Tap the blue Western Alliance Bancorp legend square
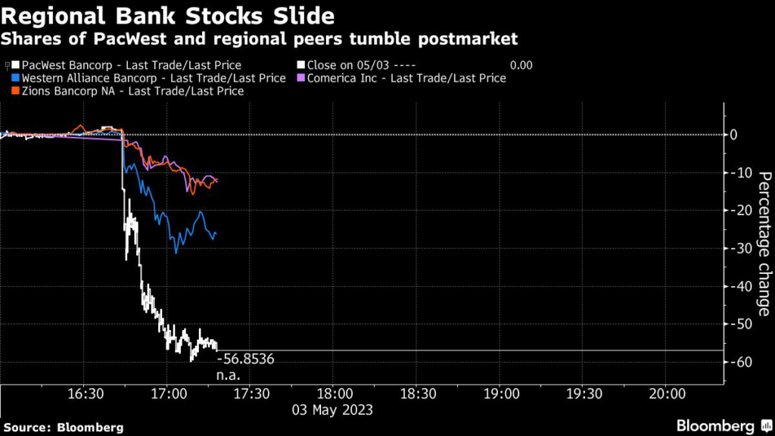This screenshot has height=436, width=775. [x=17, y=78]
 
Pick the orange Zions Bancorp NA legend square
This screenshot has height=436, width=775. [x=17, y=91]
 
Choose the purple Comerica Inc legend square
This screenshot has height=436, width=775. [x=301, y=78]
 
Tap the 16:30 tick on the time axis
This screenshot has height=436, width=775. [x=85, y=394]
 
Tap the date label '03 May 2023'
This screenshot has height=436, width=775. [x=333, y=410]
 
